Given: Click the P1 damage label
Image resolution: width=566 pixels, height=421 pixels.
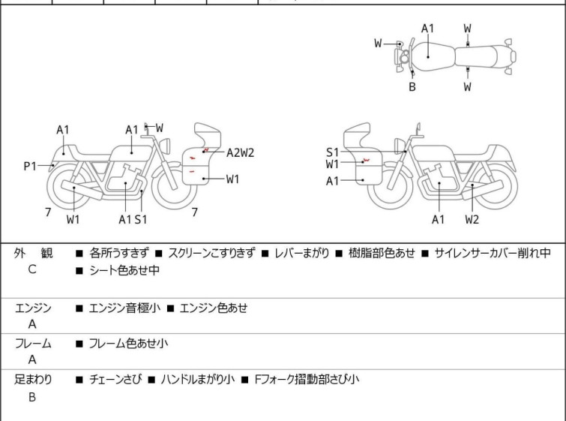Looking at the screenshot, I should coord(30,166).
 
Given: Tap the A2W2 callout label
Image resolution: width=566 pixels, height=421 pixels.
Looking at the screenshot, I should coord(241,153).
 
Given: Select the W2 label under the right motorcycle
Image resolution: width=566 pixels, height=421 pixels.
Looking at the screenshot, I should coord(472,219).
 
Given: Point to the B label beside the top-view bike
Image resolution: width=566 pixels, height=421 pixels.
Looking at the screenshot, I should coord(412,87).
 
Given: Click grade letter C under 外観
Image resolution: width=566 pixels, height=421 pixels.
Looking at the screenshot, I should coord(32,269).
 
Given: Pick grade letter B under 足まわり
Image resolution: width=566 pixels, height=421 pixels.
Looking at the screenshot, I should coord(32,397).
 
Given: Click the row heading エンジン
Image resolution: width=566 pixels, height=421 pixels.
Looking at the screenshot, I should coord(33,308).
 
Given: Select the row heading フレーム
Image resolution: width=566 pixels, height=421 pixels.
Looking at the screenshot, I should coord(33,344).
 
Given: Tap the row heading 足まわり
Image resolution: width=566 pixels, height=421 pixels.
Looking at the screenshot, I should coord(33,380).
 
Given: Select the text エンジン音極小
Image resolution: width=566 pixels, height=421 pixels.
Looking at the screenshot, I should coord(124,308).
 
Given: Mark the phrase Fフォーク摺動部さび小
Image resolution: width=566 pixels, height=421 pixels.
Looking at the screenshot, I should coord(307,380).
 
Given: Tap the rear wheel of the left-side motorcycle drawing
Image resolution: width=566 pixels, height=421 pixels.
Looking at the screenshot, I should coord(67,188).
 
